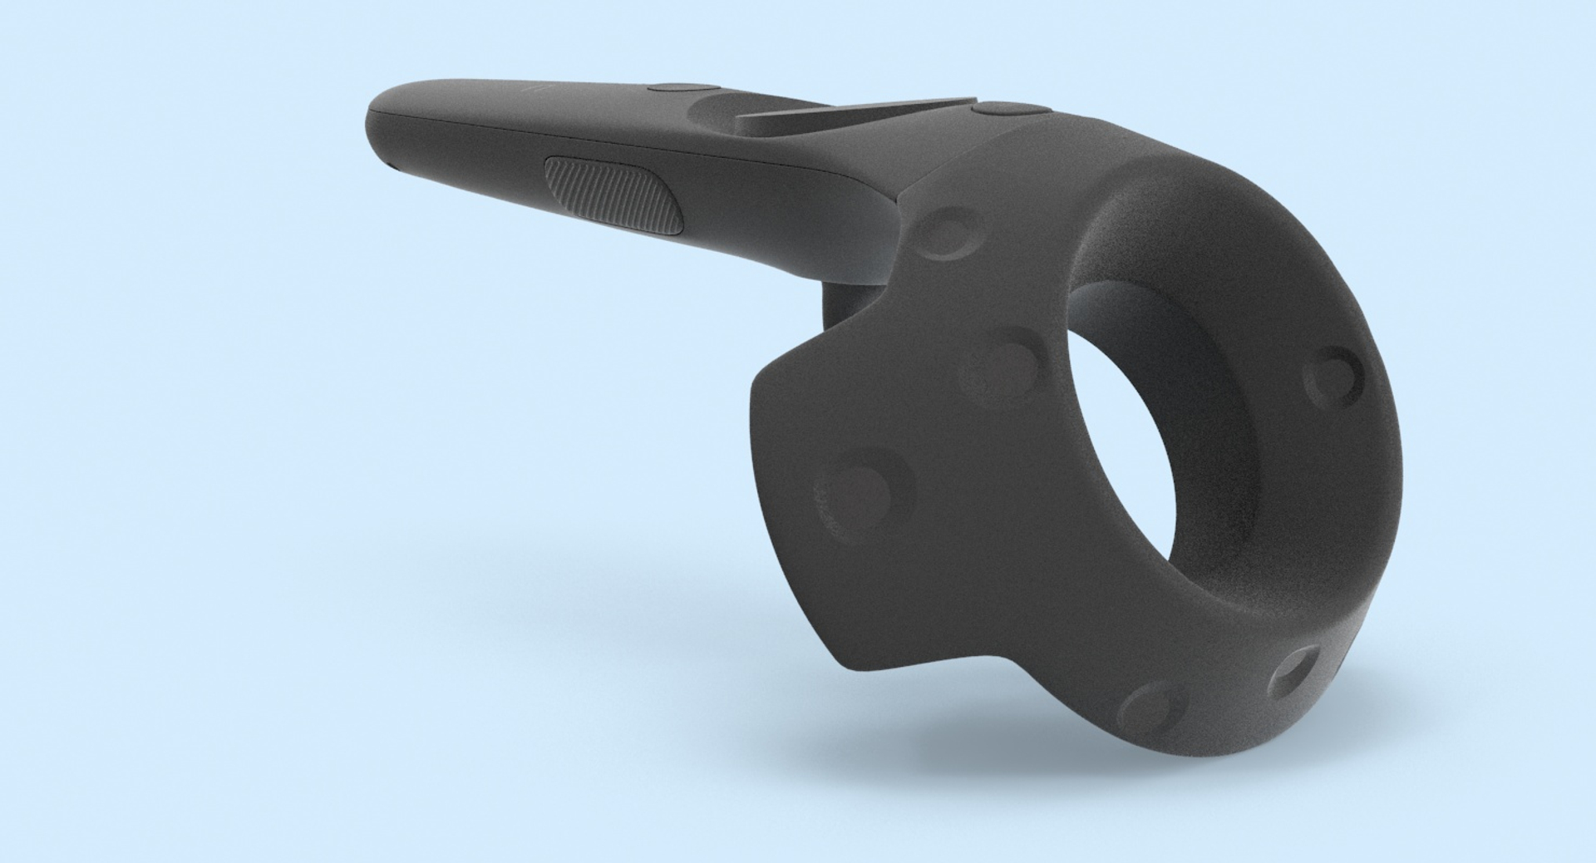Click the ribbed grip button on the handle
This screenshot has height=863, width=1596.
[613, 194]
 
